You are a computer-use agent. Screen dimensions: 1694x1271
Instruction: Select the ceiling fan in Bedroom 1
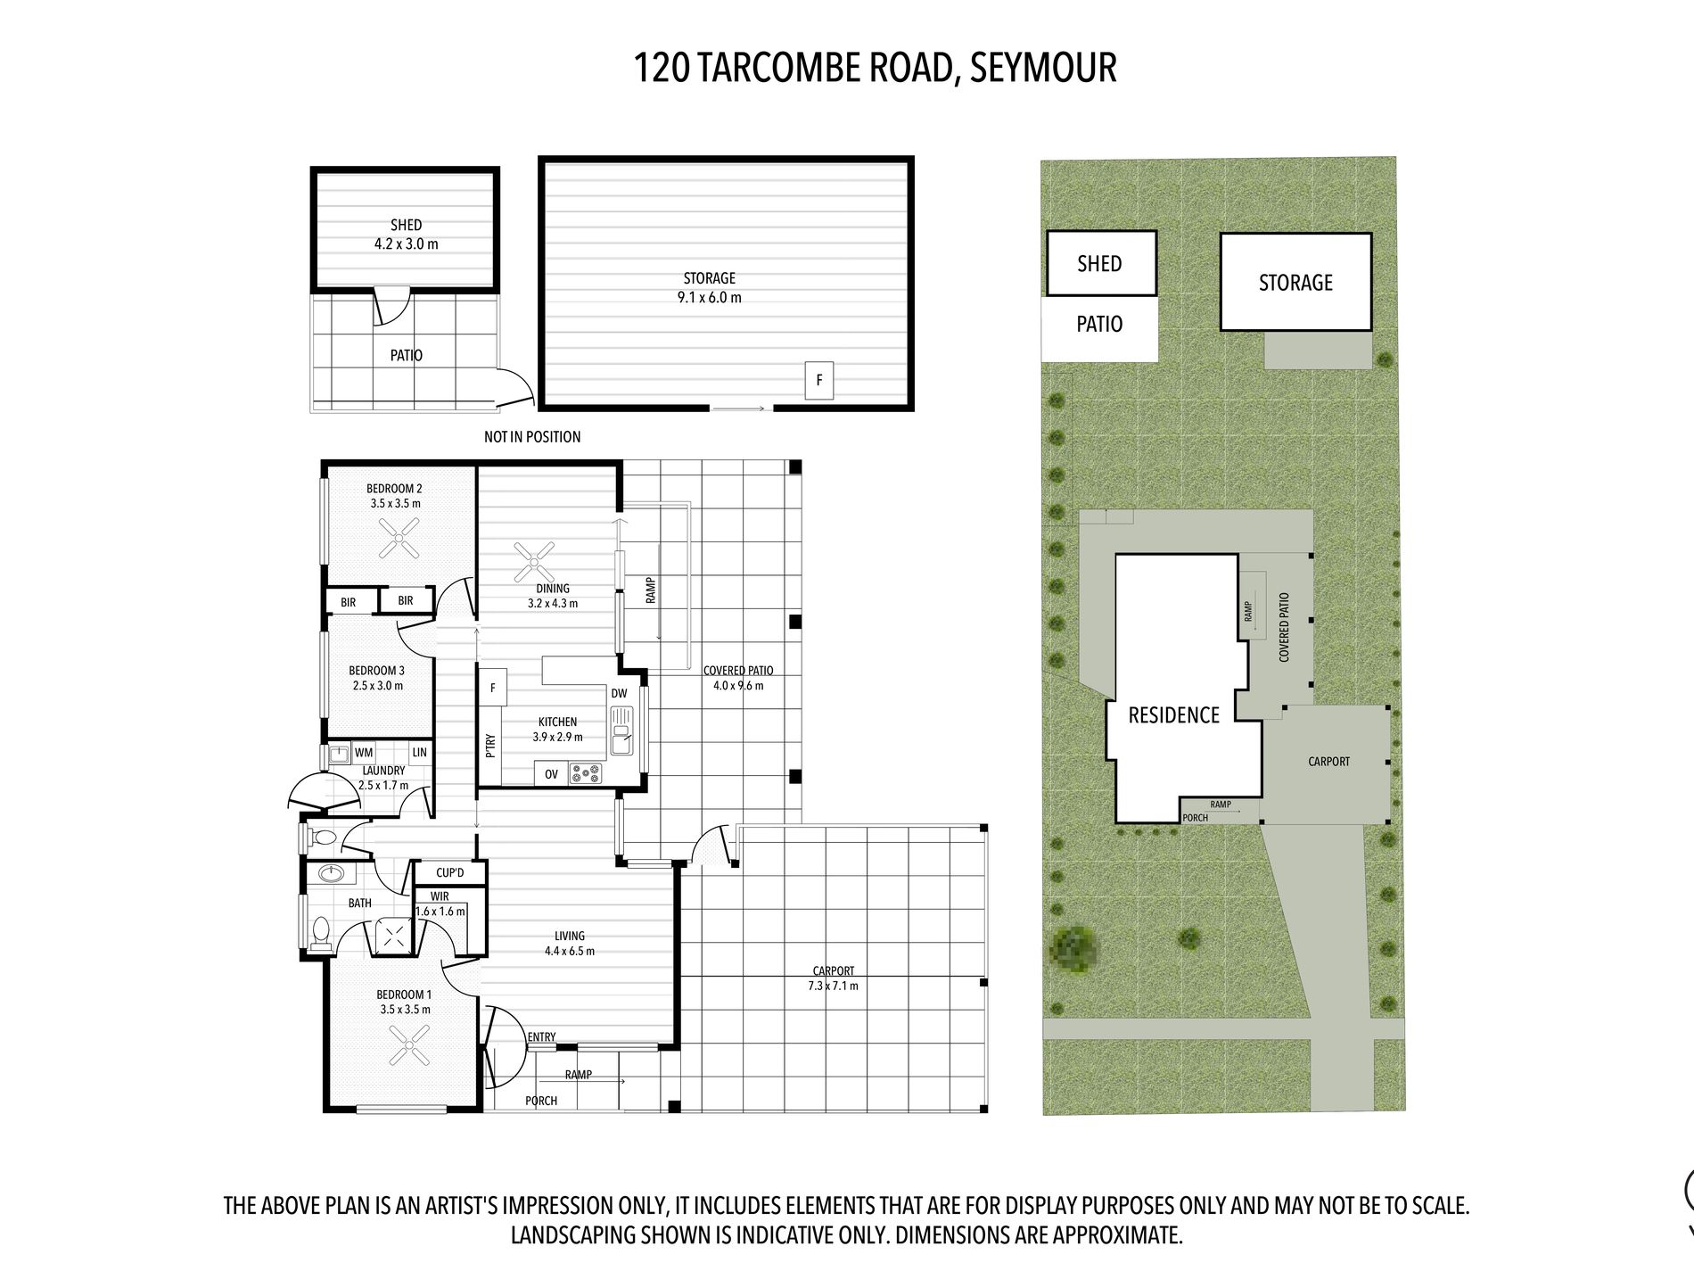(x=409, y=1044)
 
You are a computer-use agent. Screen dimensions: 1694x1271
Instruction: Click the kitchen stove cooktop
(x=586, y=773)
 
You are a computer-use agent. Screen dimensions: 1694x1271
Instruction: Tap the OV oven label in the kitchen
(x=551, y=774)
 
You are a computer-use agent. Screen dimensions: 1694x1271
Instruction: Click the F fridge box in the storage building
(x=819, y=381)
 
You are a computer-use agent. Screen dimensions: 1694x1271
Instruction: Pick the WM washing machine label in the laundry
(x=364, y=753)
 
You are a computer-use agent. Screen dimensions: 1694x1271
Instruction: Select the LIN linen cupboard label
(x=420, y=752)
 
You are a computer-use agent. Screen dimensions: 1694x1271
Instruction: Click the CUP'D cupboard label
(x=450, y=873)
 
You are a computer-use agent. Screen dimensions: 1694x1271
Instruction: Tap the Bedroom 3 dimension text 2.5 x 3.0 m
(x=378, y=686)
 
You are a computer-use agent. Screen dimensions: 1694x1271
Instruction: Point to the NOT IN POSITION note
(x=532, y=437)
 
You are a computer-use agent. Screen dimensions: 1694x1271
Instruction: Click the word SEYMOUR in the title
(x=1043, y=68)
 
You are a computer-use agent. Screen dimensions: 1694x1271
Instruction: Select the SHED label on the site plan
(x=1099, y=264)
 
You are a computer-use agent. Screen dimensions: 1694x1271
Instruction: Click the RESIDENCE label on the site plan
(x=1174, y=715)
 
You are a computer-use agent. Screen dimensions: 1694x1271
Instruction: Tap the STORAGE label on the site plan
(x=1295, y=283)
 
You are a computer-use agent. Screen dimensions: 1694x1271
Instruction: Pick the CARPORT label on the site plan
(x=1328, y=762)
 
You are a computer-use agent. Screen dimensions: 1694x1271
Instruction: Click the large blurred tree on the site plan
(x=1075, y=949)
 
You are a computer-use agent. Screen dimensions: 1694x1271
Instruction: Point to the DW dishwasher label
(x=620, y=693)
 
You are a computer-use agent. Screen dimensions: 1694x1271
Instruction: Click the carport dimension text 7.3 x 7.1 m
(x=834, y=986)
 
